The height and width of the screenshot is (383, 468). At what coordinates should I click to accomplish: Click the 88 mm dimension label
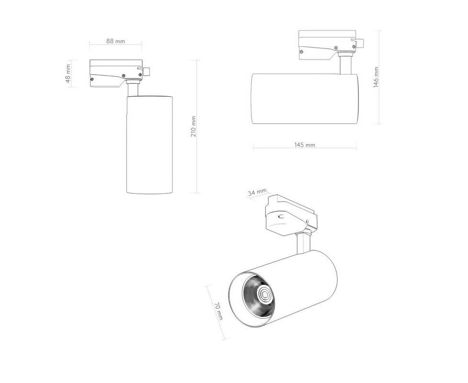pos(115,41)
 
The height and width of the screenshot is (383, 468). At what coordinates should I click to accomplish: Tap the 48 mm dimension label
pos(68,74)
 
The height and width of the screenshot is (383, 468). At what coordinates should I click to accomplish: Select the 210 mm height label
pos(193,126)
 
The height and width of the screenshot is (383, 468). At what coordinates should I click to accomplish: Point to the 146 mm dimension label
pos(376,77)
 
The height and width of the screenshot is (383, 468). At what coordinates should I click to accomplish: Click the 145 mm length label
pos(305,145)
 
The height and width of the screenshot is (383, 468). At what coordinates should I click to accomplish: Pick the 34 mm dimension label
pos(257,192)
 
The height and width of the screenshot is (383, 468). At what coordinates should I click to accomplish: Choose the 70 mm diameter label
pos(219,311)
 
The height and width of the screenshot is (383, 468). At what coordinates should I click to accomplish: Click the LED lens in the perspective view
pos(264,295)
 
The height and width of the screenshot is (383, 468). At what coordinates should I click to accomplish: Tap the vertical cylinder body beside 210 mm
pos(149,145)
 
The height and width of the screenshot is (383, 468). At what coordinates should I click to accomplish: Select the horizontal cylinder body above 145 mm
pos(305,99)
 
